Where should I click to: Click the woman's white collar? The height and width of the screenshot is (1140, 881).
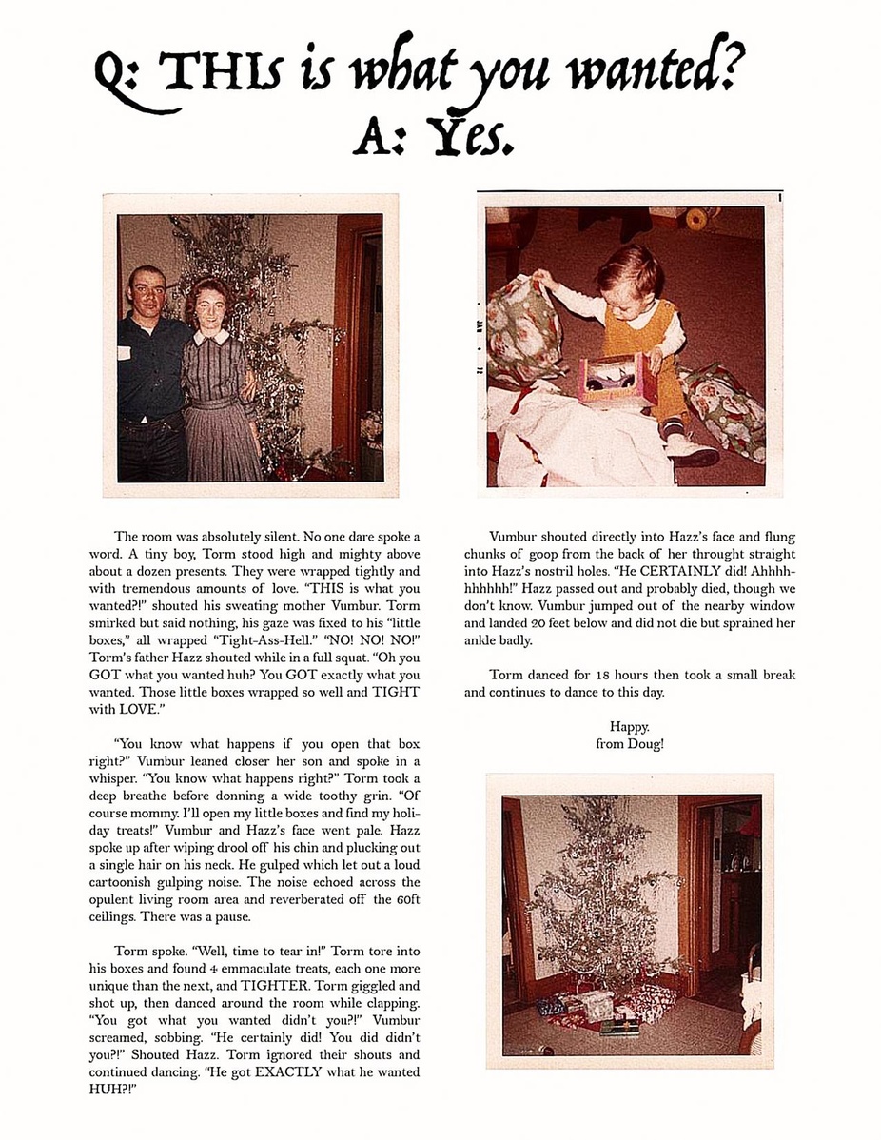point(211,336)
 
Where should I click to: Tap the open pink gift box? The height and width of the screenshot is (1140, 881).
point(614,378)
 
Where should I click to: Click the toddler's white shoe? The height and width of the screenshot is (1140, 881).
point(692,450)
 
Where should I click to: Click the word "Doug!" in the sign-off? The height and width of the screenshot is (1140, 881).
point(646,743)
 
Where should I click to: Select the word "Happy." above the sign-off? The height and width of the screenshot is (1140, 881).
point(629,727)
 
